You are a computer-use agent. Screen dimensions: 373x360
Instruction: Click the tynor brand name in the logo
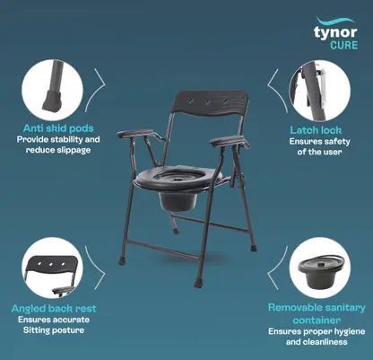coord(335,32)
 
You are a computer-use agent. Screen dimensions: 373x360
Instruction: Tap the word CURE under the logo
coord(343,45)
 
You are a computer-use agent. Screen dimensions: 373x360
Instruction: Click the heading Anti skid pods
coord(58,128)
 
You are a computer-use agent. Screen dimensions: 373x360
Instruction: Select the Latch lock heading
coord(316,130)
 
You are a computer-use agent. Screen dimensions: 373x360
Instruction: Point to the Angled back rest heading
coord(54,309)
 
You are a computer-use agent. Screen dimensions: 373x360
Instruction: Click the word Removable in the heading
coord(293,307)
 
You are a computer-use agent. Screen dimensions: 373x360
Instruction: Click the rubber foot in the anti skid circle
coord(52,101)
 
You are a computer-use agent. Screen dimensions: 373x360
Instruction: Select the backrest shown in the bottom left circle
coord(52,266)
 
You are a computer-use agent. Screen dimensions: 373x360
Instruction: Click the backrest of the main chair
coord(210,104)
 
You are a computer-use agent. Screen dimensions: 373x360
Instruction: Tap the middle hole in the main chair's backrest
coord(208,102)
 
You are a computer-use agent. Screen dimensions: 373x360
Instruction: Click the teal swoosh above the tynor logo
coord(335,21)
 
